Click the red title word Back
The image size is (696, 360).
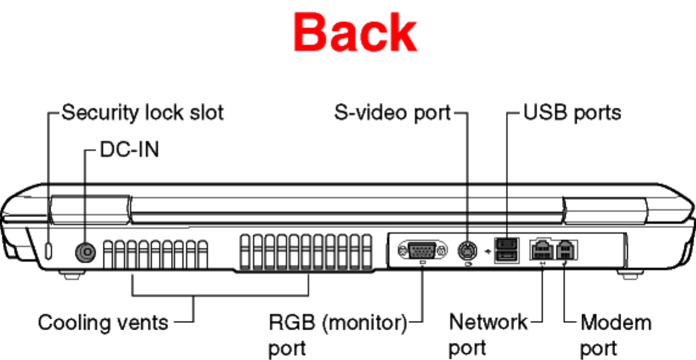pyautogui.click(x=355, y=33)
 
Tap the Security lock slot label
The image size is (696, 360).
pyautogui.click(x=143, y=112)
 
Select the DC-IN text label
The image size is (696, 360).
pyautogui.click(x=129, y=149)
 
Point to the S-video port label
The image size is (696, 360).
pyautogui.click(x=392, y=112)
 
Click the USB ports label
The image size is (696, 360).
pyautogui.click(x=572, y=112)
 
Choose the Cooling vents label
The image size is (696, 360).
pyautogui.click(x=103, y=322)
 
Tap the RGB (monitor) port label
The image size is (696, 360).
pyautogui.click(x=338, y=334)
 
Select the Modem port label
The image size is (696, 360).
pyautogui.click(x=615, y=334)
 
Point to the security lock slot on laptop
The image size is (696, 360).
pyautogui.click(x=49, y=249)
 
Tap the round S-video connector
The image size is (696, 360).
pyautogui.click(x=467, y=250)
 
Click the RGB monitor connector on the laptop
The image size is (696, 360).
pyautogui.click(x=417, y=250)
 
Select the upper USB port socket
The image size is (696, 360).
pyautogui.click(x=507, y=243)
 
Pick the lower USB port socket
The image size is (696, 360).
pyautogui.click(x=507, y=257)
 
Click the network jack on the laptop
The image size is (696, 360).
pyautogui.click(x=541, y=249)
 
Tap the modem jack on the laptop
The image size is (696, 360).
pyautogui.click(x=566, y=249)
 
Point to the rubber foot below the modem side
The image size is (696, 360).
pyautogui.click(x=628, y=274)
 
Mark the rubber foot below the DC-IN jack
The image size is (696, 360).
pyautogui.click(x=71, y=275)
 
